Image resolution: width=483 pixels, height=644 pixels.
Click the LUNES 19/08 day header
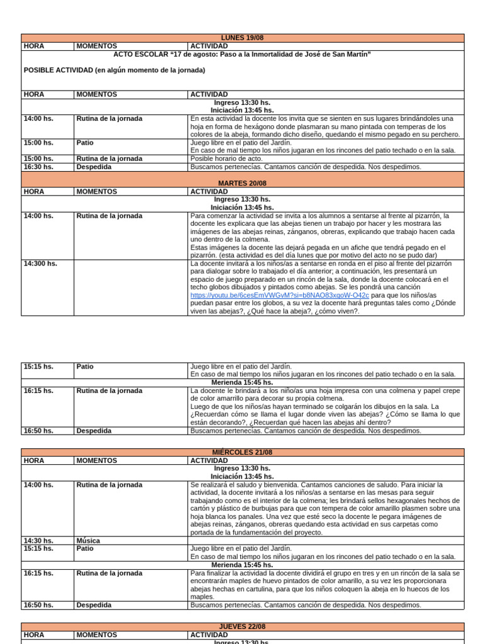[242, 38]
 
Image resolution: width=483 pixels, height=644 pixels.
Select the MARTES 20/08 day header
[242, 183]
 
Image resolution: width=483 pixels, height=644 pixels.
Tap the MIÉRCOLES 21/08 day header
[242, 452]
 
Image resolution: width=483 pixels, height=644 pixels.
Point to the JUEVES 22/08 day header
[242, 627]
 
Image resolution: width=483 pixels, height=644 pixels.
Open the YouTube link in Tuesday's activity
[280, 295]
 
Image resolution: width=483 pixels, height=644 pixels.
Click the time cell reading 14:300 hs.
[40, 264]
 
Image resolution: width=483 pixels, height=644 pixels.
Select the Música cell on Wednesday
[88, 540]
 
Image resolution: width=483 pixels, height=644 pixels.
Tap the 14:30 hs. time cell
[38, 540]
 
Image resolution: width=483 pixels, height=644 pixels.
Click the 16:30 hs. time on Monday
[38, 167]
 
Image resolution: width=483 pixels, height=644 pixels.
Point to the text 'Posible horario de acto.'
[226, 158]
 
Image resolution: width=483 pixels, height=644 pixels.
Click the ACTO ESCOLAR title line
[242, 54]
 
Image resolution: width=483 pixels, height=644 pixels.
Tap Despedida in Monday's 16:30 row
[94, 167]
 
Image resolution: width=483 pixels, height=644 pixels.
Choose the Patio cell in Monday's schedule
[85, 143]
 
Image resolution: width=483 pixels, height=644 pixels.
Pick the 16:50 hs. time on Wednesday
[38, 605]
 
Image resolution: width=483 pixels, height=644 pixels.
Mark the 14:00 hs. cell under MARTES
[38, 216]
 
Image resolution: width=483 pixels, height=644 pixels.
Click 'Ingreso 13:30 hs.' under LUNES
[242, 103]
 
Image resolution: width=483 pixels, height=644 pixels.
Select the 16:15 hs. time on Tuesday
[38, 391]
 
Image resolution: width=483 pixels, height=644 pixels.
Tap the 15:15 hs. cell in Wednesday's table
[38, 548]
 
